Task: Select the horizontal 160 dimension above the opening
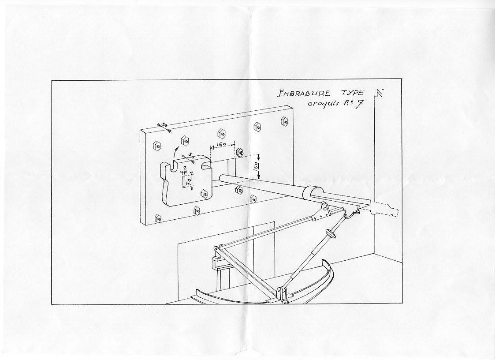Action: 221,144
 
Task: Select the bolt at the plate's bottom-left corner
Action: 158,218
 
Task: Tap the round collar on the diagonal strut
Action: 329,232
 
